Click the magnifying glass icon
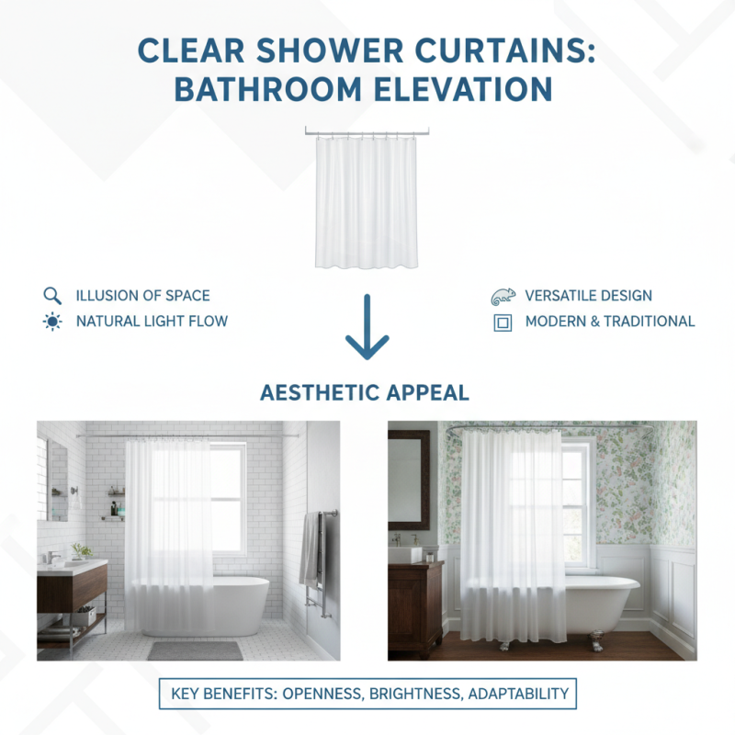coord(51,296)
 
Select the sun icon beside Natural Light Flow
coord(51,322)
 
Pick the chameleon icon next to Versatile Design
coord(503,296)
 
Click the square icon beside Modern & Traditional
coord(503,322)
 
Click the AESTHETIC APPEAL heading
coord(365,393)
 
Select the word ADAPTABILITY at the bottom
coord(519,695)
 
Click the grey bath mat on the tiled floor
coord(195,650)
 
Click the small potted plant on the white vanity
coord(83,550)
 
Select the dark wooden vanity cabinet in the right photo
coord(414,606)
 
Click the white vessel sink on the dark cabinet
coord(405,554)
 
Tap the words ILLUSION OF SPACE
coord(142,296)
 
